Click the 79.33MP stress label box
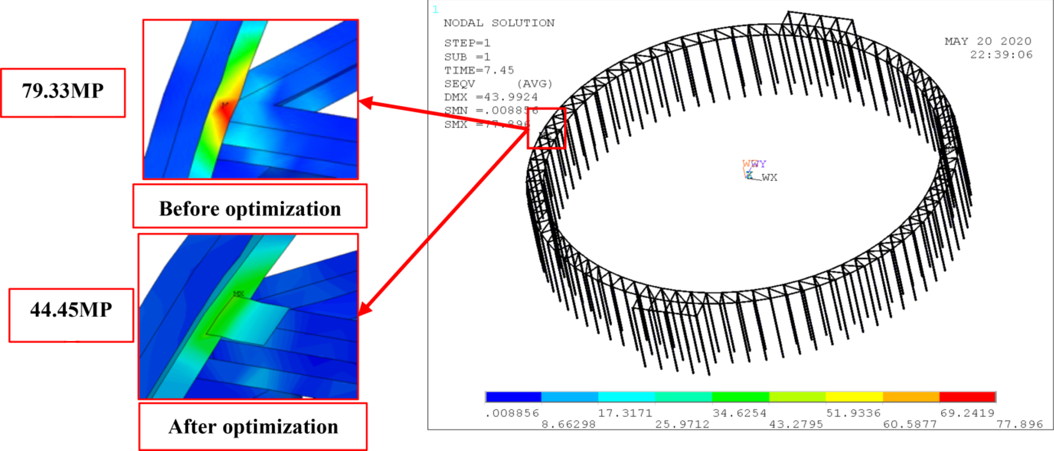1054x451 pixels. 63,93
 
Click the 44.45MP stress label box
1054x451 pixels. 71,315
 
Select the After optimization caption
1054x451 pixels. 253,427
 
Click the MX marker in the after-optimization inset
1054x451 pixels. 238,294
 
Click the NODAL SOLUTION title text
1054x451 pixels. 499,23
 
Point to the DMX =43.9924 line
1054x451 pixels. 491,97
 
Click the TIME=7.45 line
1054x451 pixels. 479,70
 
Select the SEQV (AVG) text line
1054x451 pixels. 498,84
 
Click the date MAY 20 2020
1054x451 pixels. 988,41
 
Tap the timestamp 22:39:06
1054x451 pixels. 1001,55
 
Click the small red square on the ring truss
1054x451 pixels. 546,129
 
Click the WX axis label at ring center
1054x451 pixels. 769,177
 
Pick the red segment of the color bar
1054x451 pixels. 967,397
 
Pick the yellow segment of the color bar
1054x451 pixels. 854,397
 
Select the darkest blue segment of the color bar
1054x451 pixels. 513,397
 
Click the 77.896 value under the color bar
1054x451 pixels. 1019,424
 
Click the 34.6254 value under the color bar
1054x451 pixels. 739,413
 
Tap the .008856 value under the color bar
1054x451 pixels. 512,413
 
